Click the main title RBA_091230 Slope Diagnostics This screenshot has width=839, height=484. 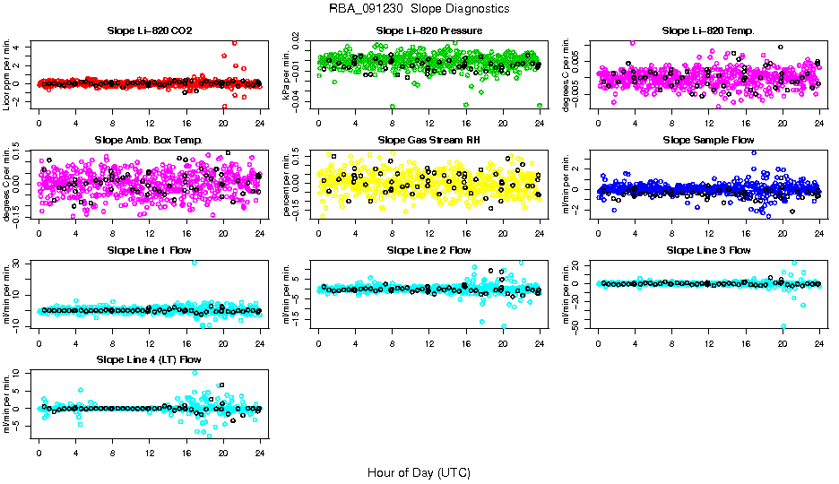[419, 8]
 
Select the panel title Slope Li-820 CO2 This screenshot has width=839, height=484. [150, 30]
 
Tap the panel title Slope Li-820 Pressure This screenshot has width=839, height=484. [428, 30]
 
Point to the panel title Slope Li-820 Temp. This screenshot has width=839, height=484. [708, 30]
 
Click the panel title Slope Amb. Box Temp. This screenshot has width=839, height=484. [150, 140]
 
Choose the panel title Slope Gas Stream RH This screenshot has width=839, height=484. [428, 140]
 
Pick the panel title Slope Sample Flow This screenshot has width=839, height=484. [708, 140]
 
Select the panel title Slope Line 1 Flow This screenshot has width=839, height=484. [150, 250]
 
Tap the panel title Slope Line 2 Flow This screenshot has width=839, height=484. [428, 250]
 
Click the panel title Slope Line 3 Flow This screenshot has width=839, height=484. [708, 250]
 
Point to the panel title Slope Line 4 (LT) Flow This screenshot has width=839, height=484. [150, 359]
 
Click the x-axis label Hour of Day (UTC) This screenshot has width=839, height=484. [419, 471]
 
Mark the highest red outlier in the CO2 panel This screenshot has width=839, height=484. [234, 42]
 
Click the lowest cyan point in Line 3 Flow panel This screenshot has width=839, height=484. [784, 326]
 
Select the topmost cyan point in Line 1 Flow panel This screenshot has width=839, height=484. [195, 263]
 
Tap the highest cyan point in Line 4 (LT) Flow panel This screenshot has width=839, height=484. [195, 372]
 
